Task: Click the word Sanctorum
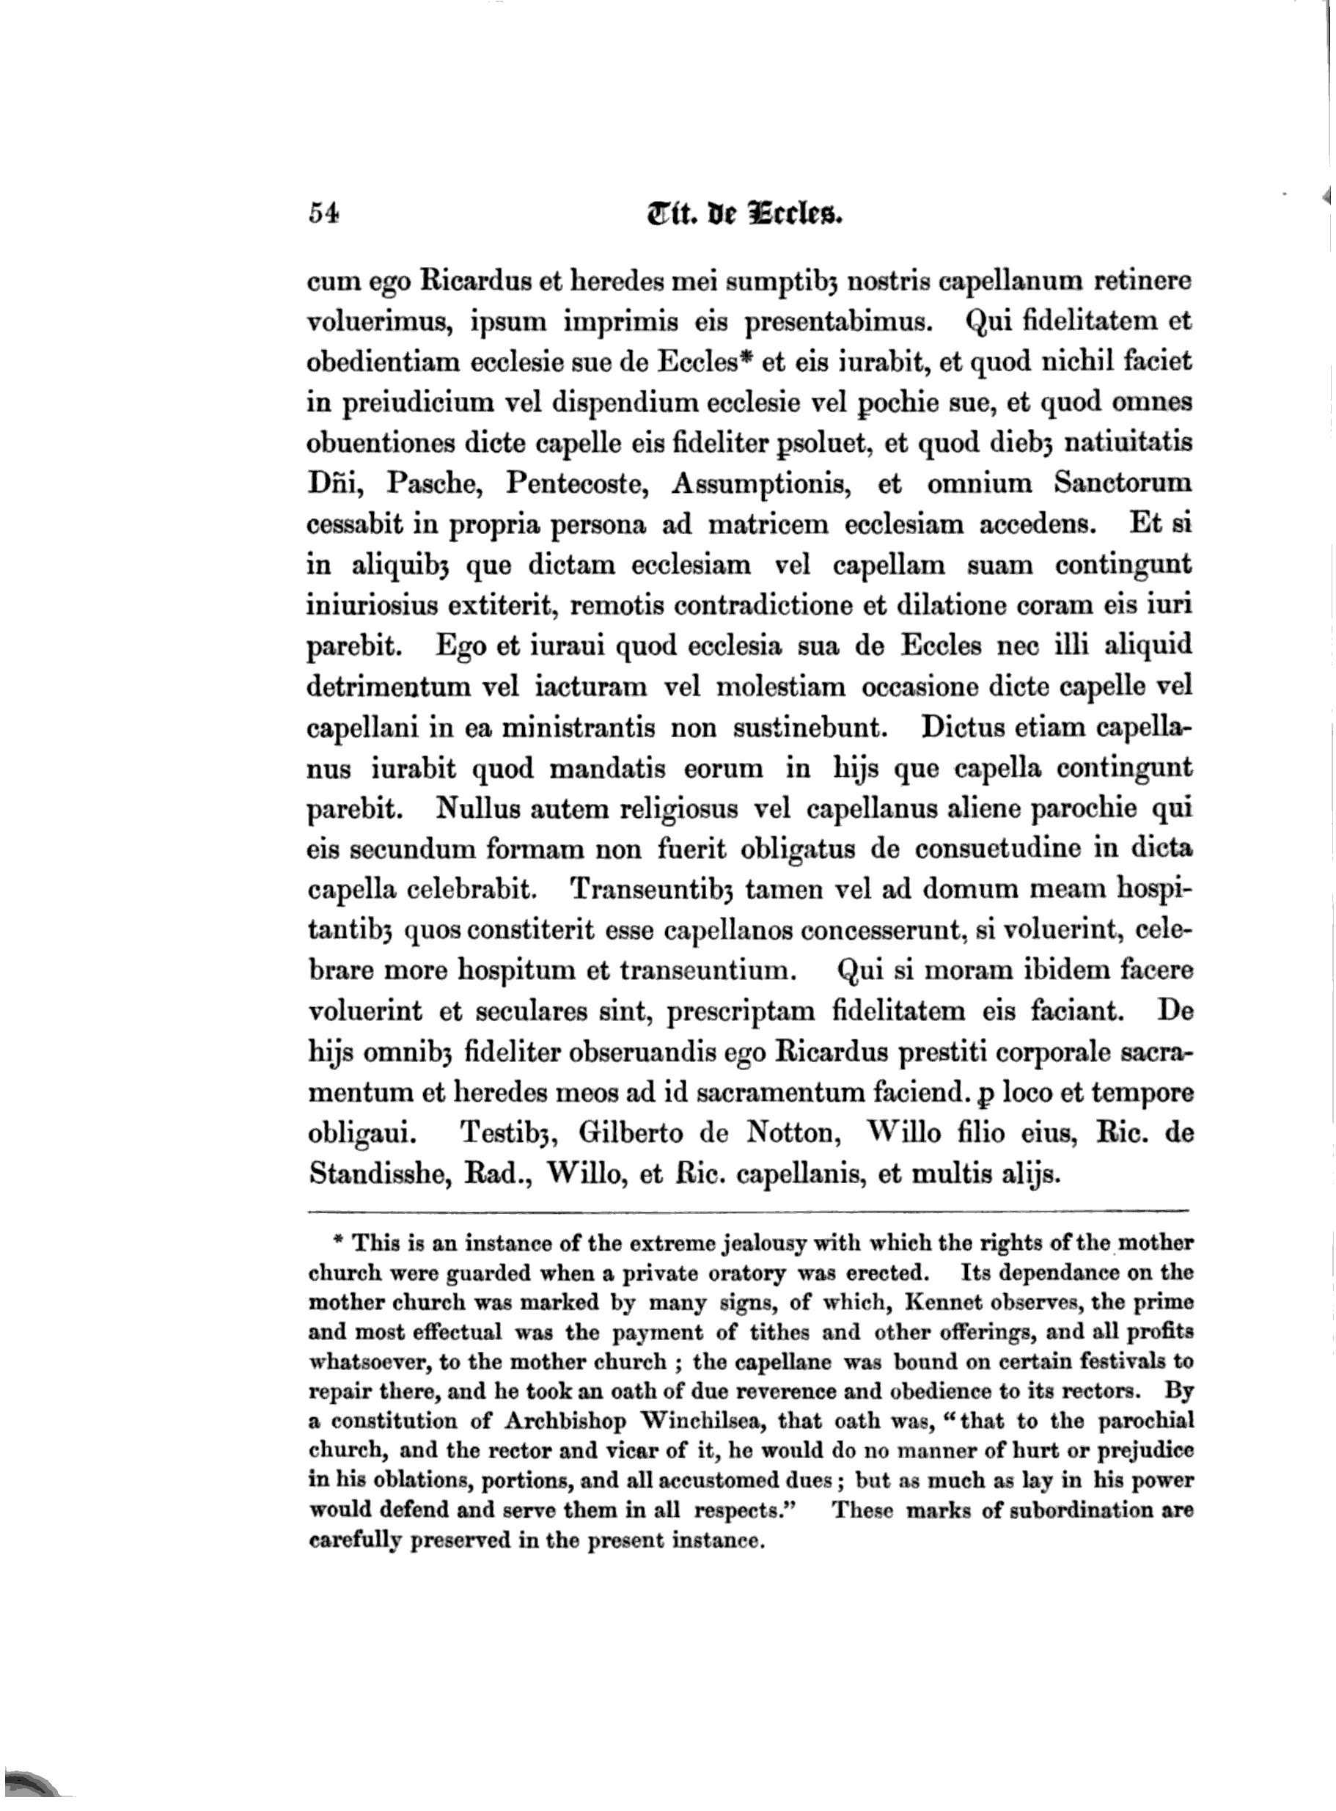[1123, 483]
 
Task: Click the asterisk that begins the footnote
[339, 1242]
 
